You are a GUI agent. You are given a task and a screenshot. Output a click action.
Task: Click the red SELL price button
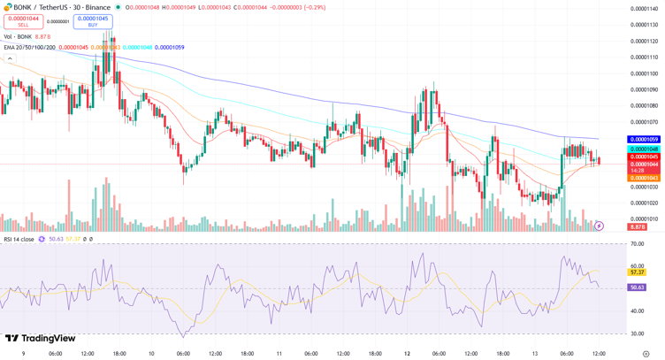pyautogui.click(x=23, y=21)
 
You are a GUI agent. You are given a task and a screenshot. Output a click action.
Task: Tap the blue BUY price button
pyautogui.click(x=93, y=21)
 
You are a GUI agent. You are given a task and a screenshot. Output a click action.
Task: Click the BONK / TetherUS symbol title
pyautogui.click(x=52, y=7)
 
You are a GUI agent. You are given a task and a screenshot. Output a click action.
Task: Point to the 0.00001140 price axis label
pyautogui.click(x=643, y=9)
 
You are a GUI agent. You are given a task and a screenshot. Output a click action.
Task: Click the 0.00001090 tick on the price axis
pyautogui.click(x=643, y=89)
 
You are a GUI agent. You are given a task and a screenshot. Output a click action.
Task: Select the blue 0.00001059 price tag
pyautogui.click(x=643, y=140)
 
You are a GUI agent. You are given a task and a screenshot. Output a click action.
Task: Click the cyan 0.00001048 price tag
pyautogui.click(x=643, y=149)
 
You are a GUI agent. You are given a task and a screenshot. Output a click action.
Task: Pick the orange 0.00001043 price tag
pyautogui.click(x=643, y=178)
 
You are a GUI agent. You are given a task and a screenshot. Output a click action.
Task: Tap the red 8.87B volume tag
pyautogui.click(x=638, y=227)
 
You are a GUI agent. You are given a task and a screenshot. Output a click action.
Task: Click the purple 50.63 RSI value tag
pyautogui.click(x=637, y=287)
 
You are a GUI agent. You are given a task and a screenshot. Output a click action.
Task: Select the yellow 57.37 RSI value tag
pyautogui.click(x=637, y=272)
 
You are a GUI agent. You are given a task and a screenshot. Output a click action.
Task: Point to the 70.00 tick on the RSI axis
pyautogui.click(x=637, y=243)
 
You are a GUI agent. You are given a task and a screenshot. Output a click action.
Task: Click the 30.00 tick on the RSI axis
pyautogui.click(x=637, y=333)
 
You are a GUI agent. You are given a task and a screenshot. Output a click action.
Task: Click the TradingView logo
pyautogui.click(x=40, y=338)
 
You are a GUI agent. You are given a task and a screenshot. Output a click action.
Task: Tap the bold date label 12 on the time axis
pyautogui.click(x=406, y=354)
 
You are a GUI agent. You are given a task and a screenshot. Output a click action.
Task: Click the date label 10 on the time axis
pyautogui.click(x=151, y=354)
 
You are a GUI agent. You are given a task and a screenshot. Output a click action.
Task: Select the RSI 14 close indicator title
pyautogui.click(x=19, y=239)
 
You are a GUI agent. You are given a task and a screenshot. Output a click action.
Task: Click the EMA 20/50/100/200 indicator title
pyautogui.click(x=29, y=48)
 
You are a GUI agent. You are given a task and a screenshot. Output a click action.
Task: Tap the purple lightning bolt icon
pyautogui.click(x=599, y=226)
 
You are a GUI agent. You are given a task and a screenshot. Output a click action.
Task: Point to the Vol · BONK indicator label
pyautogui.click(x=18, y=36)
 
